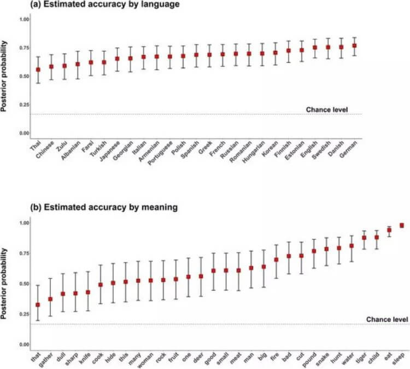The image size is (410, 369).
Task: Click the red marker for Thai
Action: click(x=38, y=70)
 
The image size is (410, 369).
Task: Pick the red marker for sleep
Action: click(x=402, y=226)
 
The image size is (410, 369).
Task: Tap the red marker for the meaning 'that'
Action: click(x=38, y=304)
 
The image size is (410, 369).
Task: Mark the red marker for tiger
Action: click(x=364, y=238)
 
